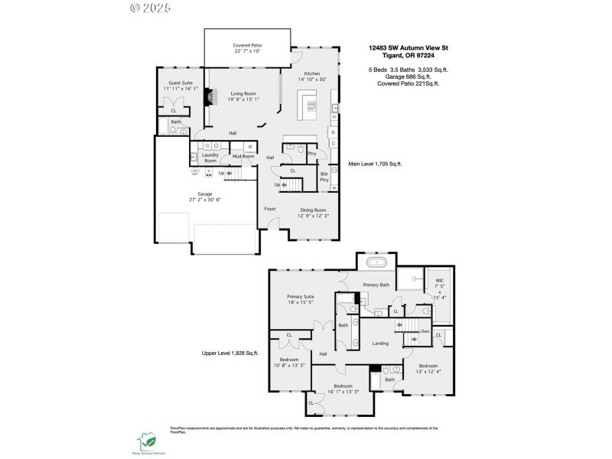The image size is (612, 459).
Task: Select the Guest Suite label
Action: (x=181, y=85)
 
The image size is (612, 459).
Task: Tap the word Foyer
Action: (x=270, y=208)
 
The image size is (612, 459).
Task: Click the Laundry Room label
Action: (x=210, y=158)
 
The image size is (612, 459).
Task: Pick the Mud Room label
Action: (x=243, y=156)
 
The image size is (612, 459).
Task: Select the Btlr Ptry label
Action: (x=324, y=177)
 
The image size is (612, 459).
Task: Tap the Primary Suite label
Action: (x=301, y=299)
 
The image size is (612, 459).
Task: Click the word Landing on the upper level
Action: (x=380, y=343)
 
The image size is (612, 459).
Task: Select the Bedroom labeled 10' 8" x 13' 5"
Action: (x=289, y=362)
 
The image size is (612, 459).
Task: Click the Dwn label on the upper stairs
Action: (x=425, y=330)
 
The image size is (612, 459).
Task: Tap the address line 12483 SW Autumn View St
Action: (x=408, y=47)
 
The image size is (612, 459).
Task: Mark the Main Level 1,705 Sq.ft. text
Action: (x=375, y=164)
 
